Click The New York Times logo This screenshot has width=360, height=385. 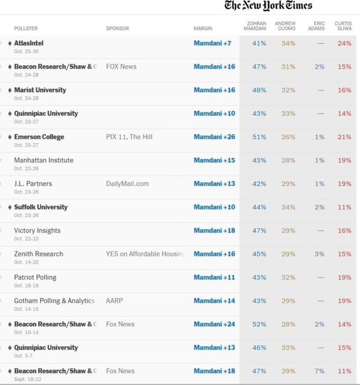pyautogui.click(x=268, y=6)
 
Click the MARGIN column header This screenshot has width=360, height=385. pyautogui.click(x=203, y=28)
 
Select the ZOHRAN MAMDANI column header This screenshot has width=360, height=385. pyautogui.click(x=255, y=26)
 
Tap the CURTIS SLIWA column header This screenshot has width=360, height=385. pyautogui.click(x=343, y=26)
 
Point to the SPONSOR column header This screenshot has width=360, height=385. pyautogui.click(x=117, y=28)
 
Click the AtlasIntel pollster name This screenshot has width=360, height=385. pyautogui.click(x=29, y=43)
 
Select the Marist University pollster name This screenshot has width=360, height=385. pyautogui.click(x=40, y=90)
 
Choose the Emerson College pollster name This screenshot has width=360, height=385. pyautogui.click(x=39, y=137)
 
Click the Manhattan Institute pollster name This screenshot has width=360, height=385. pyautogui.click(x=44, y=160)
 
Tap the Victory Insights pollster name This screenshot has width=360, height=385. pyautogui.click(x=37, y=230)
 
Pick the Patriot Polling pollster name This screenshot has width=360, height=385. pyautogui.click(x=35, y=277)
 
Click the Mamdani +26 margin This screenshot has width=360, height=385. pyautogui.click(x=214, y=137)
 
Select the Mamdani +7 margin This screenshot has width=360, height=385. pyautogui.click(x=213, y=43)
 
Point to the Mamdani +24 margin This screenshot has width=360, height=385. pyautogui.click(x=214, y=324)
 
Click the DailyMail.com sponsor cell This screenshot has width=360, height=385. pyautogui.click(x=127, y=183)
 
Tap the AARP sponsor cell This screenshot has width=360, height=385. pyautogui.click(x=114, y=301)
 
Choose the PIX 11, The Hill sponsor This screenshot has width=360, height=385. pyautogui.click(x=129, y=137)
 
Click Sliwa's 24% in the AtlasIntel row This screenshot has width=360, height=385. pyautogui.click(x=344, y=43)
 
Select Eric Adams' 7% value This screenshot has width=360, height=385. pyautogui.click(x=320, y=371)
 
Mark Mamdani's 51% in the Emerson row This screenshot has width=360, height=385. pyautogui.click(x=259, y=137)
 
